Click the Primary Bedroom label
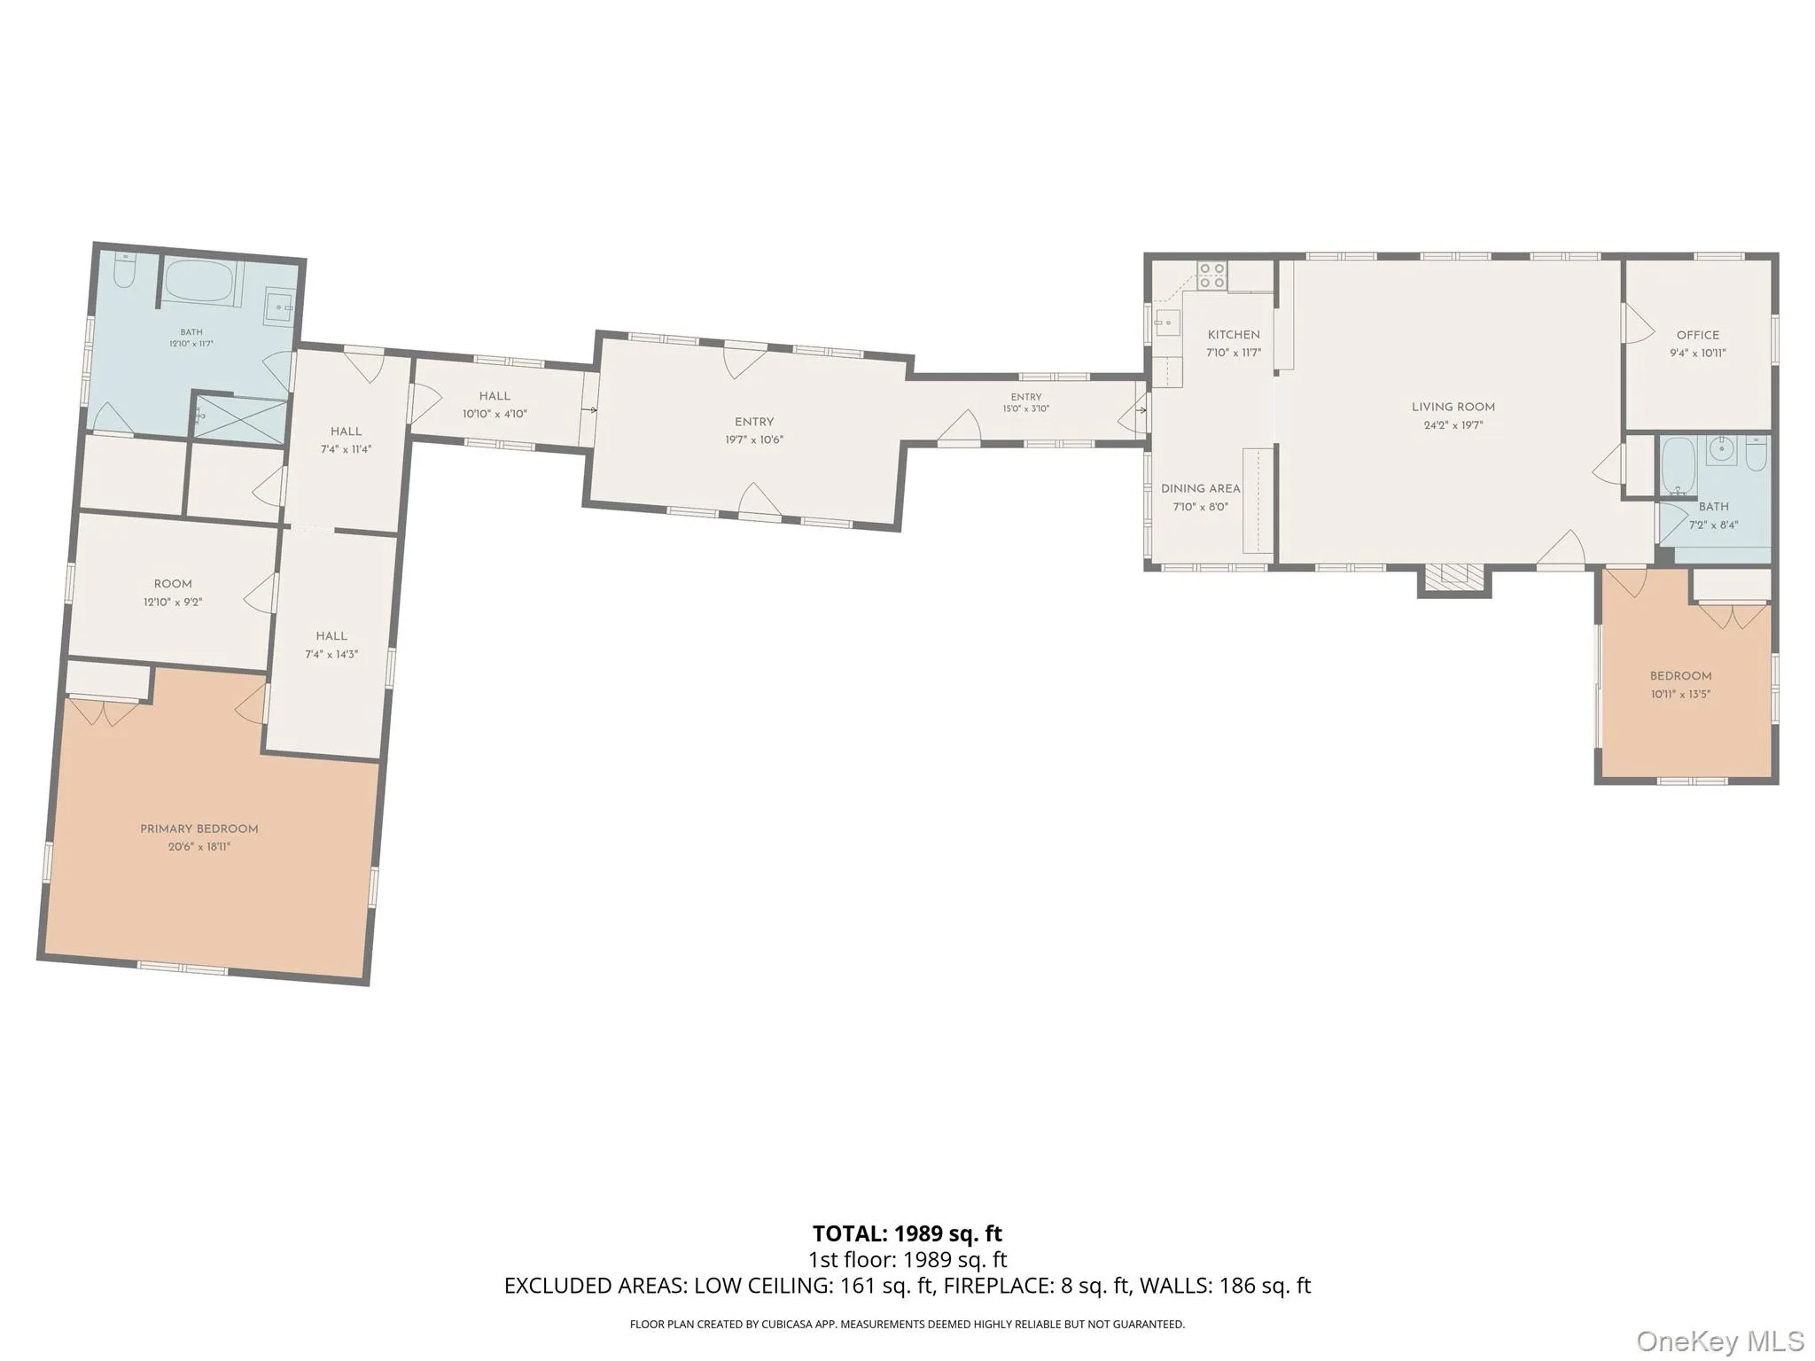pyautogui.click(x=199, y=829)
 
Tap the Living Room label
pyautogui.click(x=1453, y=408)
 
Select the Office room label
pyautogui.click(x=1698, y=335)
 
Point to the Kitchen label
pyautogui.click(x=1234, y=335)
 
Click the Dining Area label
pyautogui.click(x=1201, y=489)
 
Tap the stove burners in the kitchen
pyautogui.click(x=1211, y=276)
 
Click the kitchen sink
pyautogui.click(x=1168, y=323)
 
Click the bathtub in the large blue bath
pyautogui.click(x=199, y=282)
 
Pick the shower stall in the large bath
pyautogui.click(x=240, y=420)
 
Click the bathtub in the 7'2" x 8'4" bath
pyautogui.click(x=1677, y=467)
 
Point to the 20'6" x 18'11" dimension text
pyautogui.click(x=199, y=847)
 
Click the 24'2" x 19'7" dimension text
pyautogui.click(x=1453, y=425)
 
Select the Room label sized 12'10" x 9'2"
pyautogui.click(x=173, y=584)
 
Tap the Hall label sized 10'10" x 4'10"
pyautogui.click(x=495, y=396)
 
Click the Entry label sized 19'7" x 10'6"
pyautogui.click(x=754, y=423)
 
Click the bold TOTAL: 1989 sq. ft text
pyautogui.click(x=907, y=1233)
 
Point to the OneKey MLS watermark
pyautogui.click(x=1719, y=1341)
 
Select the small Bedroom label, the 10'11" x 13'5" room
pyautogui.click(x=1680, y=676)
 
